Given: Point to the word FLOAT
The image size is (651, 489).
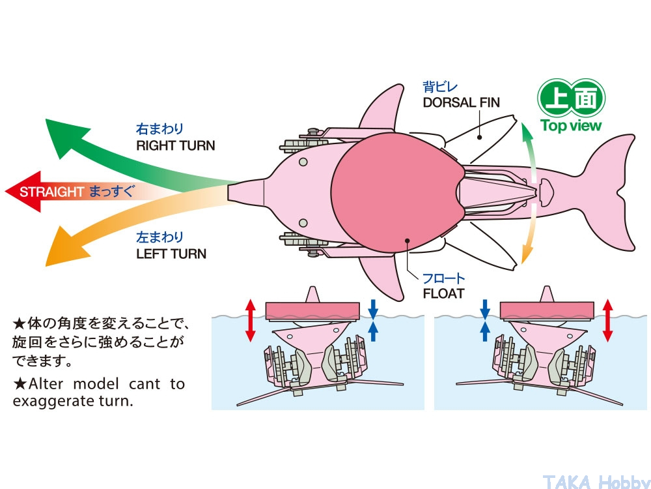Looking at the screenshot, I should coord(443,293).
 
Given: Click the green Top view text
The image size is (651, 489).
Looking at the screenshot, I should coord(571,126).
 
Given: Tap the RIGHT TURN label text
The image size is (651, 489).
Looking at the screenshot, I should coord(175,145).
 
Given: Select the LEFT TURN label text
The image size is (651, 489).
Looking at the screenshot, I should coord(171,254).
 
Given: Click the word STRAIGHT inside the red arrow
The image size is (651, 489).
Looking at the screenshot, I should coord(52,192).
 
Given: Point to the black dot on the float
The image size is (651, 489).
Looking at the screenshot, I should coord(408,240).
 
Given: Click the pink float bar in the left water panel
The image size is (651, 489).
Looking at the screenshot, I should coord(313,309).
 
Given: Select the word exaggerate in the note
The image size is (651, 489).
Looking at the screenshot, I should coord(52,401).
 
